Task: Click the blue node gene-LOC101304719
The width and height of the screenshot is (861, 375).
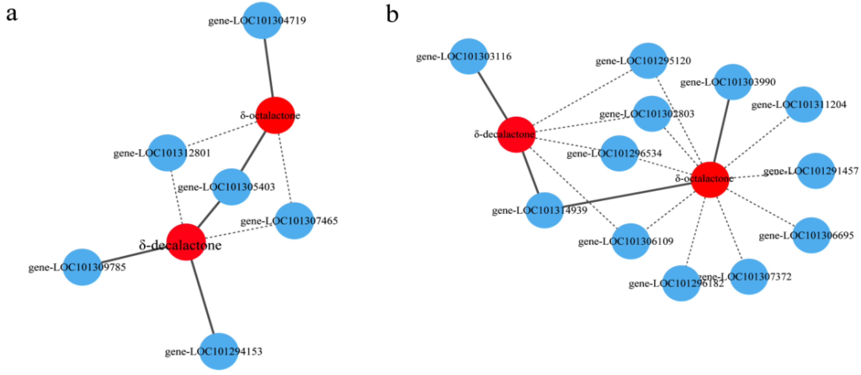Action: point(262,21)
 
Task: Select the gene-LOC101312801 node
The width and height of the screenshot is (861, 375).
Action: point(167,153)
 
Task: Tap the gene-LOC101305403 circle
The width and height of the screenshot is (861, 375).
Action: point(231,187)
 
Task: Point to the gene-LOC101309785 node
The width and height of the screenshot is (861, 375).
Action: point(82,267)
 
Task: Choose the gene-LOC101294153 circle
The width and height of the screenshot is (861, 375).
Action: point(219,351)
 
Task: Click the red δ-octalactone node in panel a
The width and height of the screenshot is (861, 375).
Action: point(275,115)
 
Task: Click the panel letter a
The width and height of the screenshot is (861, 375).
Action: point(12,14)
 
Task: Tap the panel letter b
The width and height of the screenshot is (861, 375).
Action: point(392,14)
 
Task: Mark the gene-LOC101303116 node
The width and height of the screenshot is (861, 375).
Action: point(469,56)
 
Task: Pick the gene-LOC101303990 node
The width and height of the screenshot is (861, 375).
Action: point(732,82)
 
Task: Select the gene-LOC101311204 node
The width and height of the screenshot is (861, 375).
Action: point(804,105)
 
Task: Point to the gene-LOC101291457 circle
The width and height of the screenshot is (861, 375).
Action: point(815,171)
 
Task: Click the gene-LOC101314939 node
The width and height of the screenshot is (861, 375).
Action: point(544,210)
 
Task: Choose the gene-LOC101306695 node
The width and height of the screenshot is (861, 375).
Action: point(811,235)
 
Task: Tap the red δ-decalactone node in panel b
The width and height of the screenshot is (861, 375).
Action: point(516,134)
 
